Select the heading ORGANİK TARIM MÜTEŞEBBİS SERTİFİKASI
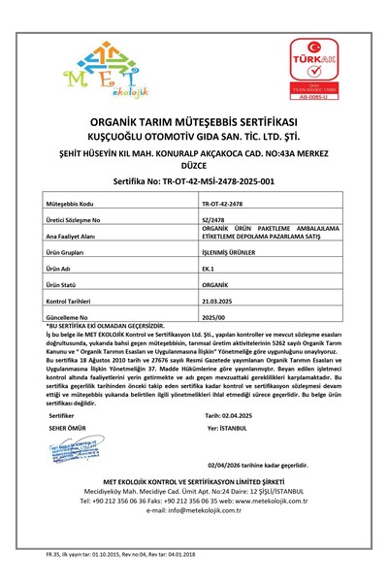[x=193, y=124]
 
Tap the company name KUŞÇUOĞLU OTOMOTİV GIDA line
[x=193, y=138]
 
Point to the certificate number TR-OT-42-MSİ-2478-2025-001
[x=193, y=180]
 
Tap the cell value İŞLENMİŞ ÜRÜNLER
[x=235, y=249]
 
